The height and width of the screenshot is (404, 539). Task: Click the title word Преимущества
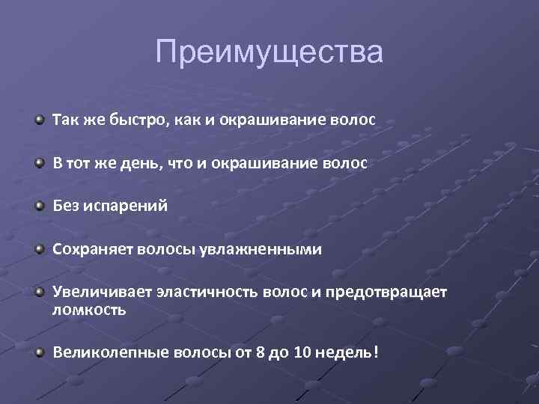click(269, 53)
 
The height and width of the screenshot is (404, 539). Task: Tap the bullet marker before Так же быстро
click(39, 120)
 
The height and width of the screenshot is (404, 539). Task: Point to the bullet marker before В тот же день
click(39, 162)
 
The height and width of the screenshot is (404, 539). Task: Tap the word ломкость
click(89, 310)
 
